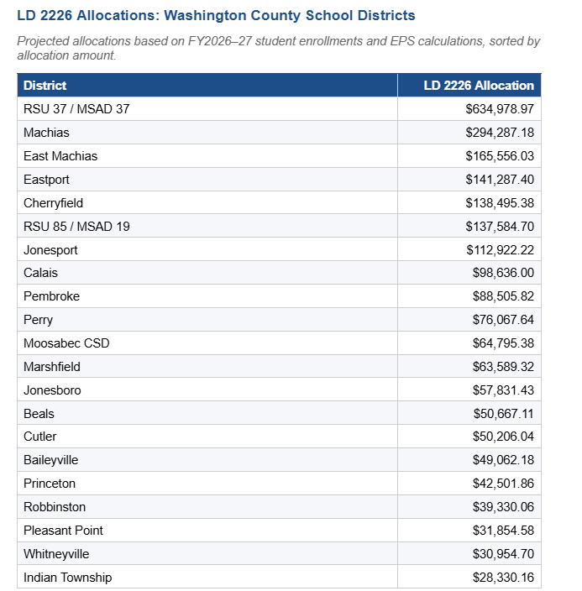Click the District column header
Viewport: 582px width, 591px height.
click(45, 86)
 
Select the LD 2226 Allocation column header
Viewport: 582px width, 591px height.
click(479, 86)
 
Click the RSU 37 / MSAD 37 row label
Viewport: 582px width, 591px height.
click(76, 109)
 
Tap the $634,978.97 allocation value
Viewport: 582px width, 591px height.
click(500, 109)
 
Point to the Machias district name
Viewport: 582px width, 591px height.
click(46, 133)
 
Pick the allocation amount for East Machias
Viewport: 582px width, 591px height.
click(500, 156)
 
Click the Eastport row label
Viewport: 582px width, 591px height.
click(46, 180)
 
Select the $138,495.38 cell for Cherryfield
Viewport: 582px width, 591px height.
click(500, 203)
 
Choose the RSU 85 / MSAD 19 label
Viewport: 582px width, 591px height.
click(76, 227)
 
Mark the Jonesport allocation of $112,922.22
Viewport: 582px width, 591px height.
click(500, 250)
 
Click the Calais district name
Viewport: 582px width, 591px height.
click(40, 273)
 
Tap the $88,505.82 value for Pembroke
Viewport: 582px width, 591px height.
click(503, 296)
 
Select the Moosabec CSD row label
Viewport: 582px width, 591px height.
click(66, 343)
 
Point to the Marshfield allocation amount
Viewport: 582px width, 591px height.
click(503, 367)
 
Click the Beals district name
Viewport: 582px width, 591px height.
click(39, 413)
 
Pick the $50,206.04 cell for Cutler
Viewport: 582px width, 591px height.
click(503, 437)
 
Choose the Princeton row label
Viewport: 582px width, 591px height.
click(50, 484)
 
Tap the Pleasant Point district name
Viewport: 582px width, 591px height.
click(63, 531)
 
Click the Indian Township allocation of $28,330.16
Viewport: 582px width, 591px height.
click(503, 578)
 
